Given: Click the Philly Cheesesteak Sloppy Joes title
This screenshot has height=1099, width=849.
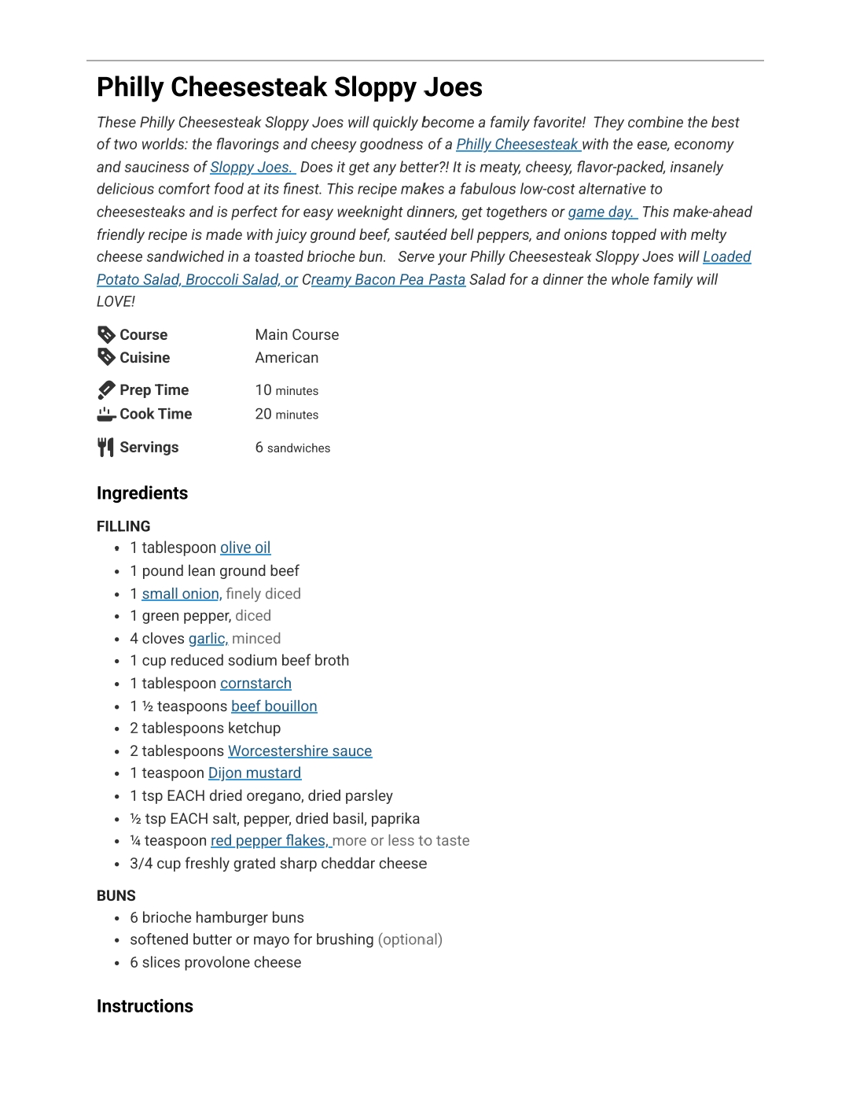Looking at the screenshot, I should [x=289, y=87].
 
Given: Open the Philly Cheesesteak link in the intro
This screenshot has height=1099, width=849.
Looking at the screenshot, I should [x=517, y=145].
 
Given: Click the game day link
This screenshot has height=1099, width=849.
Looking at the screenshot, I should [x=601, y=212].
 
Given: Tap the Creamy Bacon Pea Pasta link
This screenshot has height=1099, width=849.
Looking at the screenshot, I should [x=388, y=280].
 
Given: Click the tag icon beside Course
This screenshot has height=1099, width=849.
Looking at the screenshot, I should [x=106, y=334].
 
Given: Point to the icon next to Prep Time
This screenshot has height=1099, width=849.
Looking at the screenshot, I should [x=106, y=390].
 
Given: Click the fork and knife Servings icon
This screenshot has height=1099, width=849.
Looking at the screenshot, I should [x=106, y=448].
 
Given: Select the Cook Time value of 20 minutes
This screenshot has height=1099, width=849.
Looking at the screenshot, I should [x=287, y=415].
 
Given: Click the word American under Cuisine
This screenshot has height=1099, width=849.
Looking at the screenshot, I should [x=287, y=358].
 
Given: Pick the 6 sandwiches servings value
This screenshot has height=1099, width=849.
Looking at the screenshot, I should [x=292, y=448].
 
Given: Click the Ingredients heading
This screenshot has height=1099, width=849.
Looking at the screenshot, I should [x=142, y=493].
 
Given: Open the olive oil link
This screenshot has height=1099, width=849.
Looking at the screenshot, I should [x=245, y=548].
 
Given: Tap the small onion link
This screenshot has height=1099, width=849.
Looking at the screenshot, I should [x=181, y=594].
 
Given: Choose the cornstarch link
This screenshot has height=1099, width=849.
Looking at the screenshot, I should [x=255, y=684].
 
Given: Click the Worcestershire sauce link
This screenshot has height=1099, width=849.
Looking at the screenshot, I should [x=300, y=751].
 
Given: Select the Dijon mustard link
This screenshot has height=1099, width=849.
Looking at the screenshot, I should [x=255, y=773].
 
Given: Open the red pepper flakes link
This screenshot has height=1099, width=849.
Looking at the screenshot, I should [x=269, y=841].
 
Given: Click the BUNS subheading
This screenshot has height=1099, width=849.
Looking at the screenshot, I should [x=116, y=896].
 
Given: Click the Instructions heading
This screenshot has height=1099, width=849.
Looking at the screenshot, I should [x=145, y=1006].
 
